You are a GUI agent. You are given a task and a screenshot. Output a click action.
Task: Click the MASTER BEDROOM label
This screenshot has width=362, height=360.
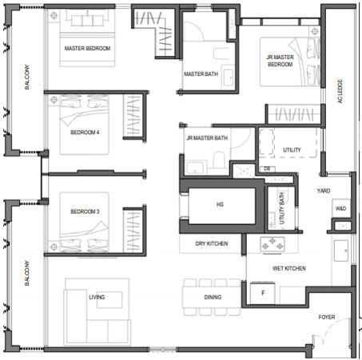tap(87, 49)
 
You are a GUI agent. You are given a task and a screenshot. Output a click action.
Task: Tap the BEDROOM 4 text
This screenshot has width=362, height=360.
tap(85, 133)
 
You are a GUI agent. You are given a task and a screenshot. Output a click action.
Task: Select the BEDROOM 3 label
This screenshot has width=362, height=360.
tap(85, 212)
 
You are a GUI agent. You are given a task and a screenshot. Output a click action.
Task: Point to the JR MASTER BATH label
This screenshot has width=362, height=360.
tap(207, 138)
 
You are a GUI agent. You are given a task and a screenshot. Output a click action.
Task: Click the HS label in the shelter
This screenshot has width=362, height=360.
tap(220, 204)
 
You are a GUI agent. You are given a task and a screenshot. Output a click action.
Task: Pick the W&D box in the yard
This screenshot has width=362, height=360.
tap(340, 208)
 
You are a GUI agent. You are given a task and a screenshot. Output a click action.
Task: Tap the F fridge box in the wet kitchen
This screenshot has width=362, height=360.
tap(263, 293)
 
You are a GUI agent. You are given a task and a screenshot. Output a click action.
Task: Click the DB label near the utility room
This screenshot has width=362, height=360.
tap(267, 168)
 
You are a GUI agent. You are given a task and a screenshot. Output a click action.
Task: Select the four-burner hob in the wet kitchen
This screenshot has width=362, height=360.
tap(272, 246)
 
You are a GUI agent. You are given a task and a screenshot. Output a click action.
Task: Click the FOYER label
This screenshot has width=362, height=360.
tap(327, 317)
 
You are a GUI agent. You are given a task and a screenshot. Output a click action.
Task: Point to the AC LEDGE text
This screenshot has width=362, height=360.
tap(340, 91)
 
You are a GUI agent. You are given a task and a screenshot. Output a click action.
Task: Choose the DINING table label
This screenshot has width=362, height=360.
tap(213, 297)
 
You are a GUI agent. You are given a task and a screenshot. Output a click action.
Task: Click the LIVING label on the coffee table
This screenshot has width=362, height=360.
tap(97, 297)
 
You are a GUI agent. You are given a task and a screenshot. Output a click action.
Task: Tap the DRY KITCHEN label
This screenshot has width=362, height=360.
tap(212, 243)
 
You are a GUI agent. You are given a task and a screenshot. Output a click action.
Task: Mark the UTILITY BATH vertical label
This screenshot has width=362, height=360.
tap(282, 208)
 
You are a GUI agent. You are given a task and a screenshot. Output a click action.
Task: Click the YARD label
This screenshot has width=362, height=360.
tap(324, 191)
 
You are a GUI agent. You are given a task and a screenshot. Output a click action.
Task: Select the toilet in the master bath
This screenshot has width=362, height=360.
tap(221, 53)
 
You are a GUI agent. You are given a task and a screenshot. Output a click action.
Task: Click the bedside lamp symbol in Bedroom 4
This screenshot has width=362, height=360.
tap(54, 100)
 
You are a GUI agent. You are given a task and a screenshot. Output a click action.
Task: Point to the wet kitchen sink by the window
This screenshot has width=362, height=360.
tap(341, 251)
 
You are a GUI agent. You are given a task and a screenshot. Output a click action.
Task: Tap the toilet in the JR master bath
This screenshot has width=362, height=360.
tap(218, 159)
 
